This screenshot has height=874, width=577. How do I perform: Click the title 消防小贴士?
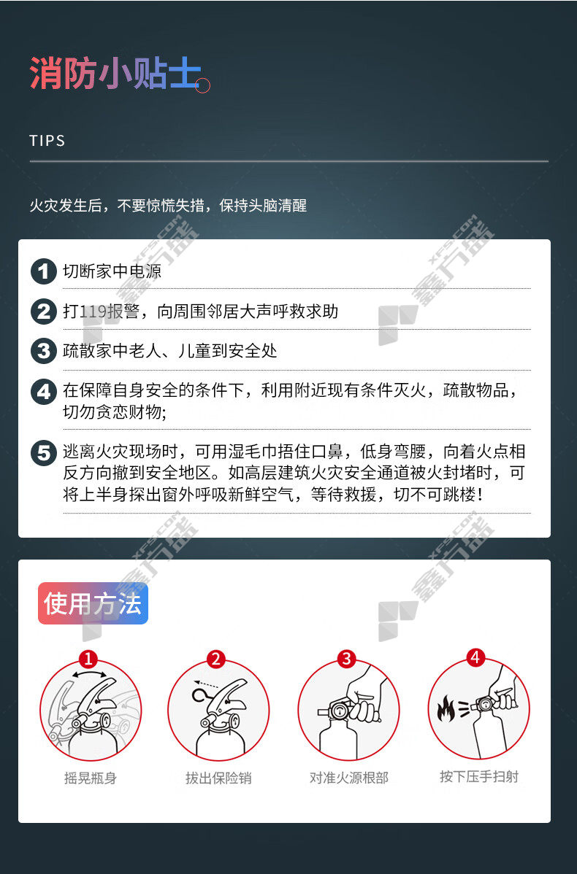115,73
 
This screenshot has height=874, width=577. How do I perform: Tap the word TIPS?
47,141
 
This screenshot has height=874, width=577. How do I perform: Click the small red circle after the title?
202,86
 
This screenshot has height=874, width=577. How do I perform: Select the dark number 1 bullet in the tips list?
44,271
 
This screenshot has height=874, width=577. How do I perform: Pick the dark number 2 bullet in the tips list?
44,312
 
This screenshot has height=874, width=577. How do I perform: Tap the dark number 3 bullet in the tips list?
44,351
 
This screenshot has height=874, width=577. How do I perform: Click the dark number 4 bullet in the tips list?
44,391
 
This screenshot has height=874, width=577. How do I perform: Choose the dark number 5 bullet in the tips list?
44,452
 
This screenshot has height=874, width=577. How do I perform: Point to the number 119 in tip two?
93,311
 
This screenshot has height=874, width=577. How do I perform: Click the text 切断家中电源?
112,271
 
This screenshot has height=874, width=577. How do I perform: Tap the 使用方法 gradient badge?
93,603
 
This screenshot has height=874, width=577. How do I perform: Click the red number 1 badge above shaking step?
88,659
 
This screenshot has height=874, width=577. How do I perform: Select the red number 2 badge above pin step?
216,659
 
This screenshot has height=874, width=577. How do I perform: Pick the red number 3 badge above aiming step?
346,659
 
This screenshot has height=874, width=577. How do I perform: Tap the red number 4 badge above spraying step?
475,658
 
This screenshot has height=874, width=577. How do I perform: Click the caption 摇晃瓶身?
91,778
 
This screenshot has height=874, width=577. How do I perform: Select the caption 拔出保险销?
218,778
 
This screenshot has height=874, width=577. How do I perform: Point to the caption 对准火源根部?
349,778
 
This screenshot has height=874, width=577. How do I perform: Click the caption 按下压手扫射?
479,776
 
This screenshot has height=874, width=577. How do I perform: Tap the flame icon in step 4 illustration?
446,708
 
